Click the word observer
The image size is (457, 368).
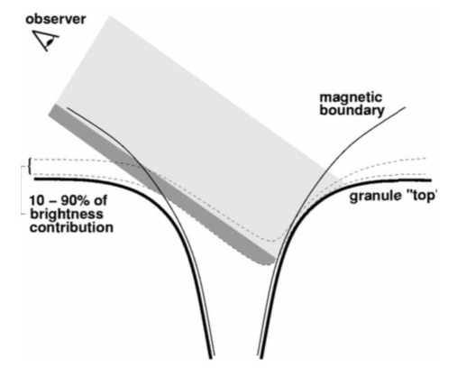click(x=56, y=19)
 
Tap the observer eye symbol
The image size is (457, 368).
click(x=46, y=41)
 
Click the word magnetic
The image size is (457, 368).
click(x=351, y=98)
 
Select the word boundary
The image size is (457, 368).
click(x=352, y=111)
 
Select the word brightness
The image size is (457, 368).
click(x=67, y=214)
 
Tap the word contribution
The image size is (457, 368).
click(x=71, y=227)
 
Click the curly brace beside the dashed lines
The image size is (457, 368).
click(x=29, y=166)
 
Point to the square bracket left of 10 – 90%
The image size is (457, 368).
click(x=23, y=190)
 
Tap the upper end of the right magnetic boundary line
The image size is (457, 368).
click(x=406, y=107)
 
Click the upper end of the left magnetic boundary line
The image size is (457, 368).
click(x=67, y=107)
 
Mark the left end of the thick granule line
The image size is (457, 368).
click(x=35, y=179)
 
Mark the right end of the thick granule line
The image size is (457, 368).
click(x=431, y=180)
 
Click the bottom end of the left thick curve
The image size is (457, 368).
click(x=211, y=358)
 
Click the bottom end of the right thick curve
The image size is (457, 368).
click(x=260, y=358)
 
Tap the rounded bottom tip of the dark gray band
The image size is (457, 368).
click(x=268, y=264)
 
